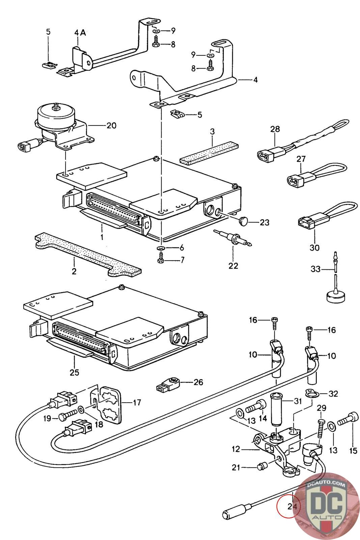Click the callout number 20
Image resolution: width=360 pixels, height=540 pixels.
click(x=111, y=126)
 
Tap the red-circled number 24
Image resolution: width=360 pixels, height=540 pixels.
click(x=292, y=506)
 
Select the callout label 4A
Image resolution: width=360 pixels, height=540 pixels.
click(x=80, y=32)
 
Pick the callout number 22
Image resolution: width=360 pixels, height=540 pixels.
click(x=233, y=266)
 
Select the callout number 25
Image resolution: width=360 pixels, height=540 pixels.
click(x=74, y=372)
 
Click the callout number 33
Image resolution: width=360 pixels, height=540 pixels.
click(x=315, y=269)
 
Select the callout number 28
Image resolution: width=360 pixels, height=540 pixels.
click(x=275, y=129)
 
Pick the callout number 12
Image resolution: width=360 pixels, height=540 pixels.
click(x=236, y=449)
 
